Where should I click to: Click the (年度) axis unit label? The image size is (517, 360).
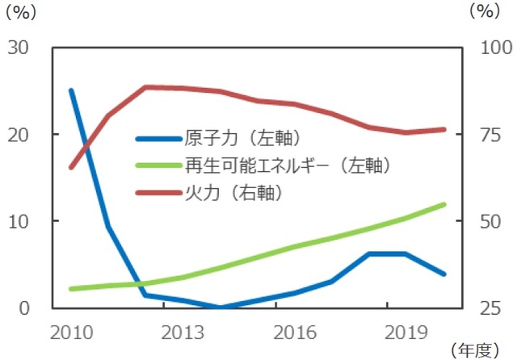(481, 350)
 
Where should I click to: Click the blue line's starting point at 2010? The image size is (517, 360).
(71, 90)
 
